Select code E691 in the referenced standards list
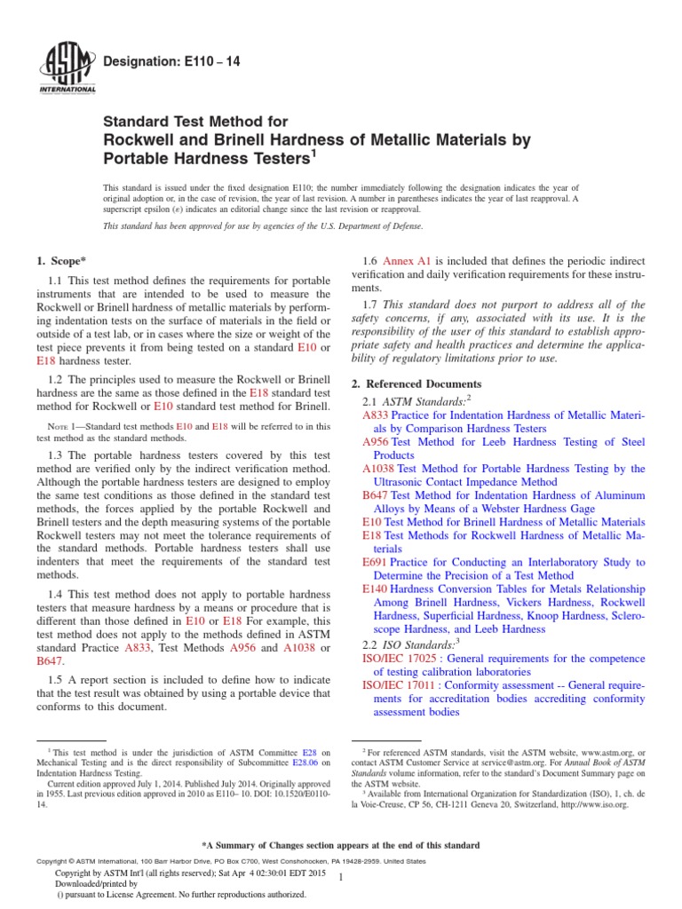coord(376,562)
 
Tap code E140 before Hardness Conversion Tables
coord(376,589)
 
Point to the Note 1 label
coord(63,426)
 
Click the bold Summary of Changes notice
coord(341,845)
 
